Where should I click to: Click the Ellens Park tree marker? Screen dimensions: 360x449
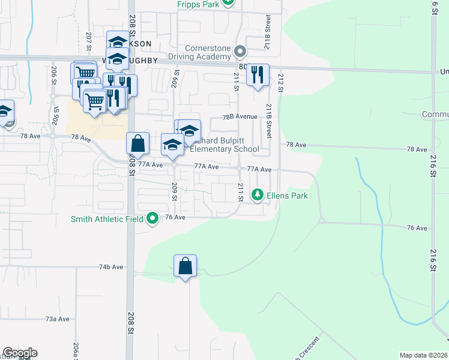(x=258, y=194)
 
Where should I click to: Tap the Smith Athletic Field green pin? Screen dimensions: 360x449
(x=152, y=218)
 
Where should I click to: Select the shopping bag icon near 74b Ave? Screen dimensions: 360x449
(x=185, y=266)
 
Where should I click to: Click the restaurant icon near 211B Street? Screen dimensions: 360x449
(x=258, y=75)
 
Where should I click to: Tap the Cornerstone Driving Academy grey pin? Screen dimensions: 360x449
(x=240, y=51)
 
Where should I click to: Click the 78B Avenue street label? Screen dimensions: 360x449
(x=240, y=116)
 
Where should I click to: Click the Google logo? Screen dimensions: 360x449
(x=20, y=353)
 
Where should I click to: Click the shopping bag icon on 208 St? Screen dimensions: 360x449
(x=137, y=143)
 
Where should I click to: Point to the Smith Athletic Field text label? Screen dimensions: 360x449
(x=106, y=219)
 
